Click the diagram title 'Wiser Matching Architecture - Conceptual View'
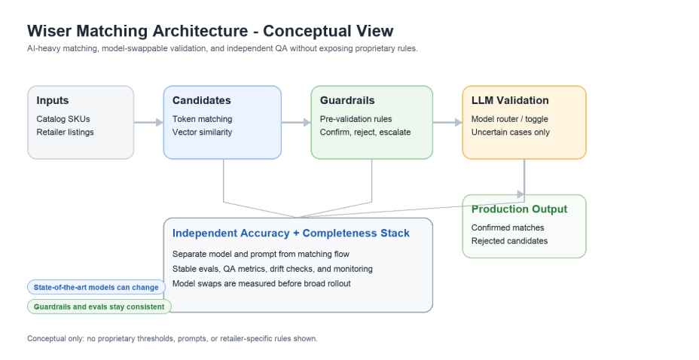click(210, 31)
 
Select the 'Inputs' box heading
click(53, 100)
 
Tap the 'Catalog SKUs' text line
click(63, 119)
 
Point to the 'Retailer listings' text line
click(65, 132)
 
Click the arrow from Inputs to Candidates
click(148, 122)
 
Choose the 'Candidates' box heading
click(202, 100)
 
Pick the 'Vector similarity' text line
click(203, 132)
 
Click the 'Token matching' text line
click(203, 119)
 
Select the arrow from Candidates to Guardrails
click(296, 122)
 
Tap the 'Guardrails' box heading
click(347, 100)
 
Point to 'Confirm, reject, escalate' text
click(365, 132)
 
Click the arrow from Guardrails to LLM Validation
click(447, 122)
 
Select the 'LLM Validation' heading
click(510, 100)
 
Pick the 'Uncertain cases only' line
click(511, 132)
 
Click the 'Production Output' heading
click(519, 209)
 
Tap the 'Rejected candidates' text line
click(509, 240)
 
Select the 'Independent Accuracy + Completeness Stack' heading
click(291, 233)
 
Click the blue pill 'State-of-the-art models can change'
click(96, 288)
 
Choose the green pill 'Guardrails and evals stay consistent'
click(99, 307)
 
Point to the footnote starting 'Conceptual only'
click(172, 339)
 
